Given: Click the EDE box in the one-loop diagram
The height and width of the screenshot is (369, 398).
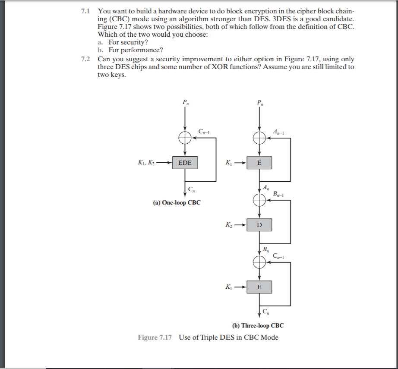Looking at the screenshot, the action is (x=185, y=163).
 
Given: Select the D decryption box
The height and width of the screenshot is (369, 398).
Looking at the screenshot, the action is (x=259, y=225).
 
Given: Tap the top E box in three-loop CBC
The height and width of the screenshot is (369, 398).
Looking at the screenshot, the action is (x=259, y=163).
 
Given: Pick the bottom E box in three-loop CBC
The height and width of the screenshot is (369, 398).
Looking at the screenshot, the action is (x=259, y=287).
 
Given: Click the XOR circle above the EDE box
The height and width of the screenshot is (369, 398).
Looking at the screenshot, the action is (x=185, y=138).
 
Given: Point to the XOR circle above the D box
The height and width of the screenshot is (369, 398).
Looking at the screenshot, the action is (x=259, y=200).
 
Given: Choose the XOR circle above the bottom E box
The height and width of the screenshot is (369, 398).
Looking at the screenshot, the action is (x=259, y=262).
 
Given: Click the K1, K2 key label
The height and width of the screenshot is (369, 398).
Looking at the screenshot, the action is (x=146, y=163).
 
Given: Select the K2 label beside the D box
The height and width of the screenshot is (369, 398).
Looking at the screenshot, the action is (x=229, y=225).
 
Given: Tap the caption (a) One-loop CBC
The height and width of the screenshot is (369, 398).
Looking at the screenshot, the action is (x=177, y=202).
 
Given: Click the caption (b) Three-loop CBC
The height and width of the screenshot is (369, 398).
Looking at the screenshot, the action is (x=258, y=325).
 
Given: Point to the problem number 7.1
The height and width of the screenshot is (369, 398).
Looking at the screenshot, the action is (x=85, y=11).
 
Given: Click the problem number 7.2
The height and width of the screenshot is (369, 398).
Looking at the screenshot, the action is (x=85, y=59).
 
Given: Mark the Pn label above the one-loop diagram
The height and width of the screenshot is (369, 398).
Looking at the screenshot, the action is (x=186, y=103).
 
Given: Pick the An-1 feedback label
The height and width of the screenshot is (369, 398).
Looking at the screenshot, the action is (x=279, y=132).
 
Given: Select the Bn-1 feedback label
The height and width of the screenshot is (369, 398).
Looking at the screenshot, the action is (x=279, y=194).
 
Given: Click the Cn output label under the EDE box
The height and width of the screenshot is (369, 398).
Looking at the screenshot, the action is (x=192, y=189).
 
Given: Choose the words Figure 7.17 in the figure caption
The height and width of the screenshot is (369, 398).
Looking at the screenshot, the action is (x=155, y=337).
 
